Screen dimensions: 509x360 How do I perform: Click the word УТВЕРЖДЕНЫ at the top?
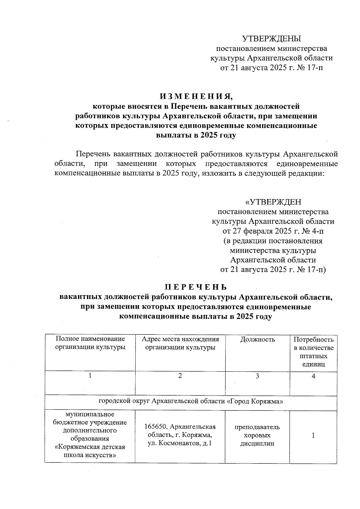(271, 39)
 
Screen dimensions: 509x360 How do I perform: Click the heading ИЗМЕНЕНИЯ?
(196, 97)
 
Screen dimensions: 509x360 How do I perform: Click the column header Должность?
(257, 339)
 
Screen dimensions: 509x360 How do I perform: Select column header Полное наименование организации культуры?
(90, 343)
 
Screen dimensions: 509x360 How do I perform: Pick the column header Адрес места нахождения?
(180, 339)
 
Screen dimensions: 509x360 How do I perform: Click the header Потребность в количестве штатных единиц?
(313, 352)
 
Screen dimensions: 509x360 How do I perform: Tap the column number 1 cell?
(90, 376)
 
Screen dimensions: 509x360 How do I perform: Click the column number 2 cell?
(180, 376)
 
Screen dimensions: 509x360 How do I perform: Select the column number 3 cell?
(257, 376)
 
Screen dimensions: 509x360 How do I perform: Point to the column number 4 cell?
(313, 376)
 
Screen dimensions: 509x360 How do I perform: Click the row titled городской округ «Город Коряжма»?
(191, 401)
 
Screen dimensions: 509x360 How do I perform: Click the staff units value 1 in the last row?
(313, 435)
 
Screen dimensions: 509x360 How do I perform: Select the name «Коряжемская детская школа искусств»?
(90, 451)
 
